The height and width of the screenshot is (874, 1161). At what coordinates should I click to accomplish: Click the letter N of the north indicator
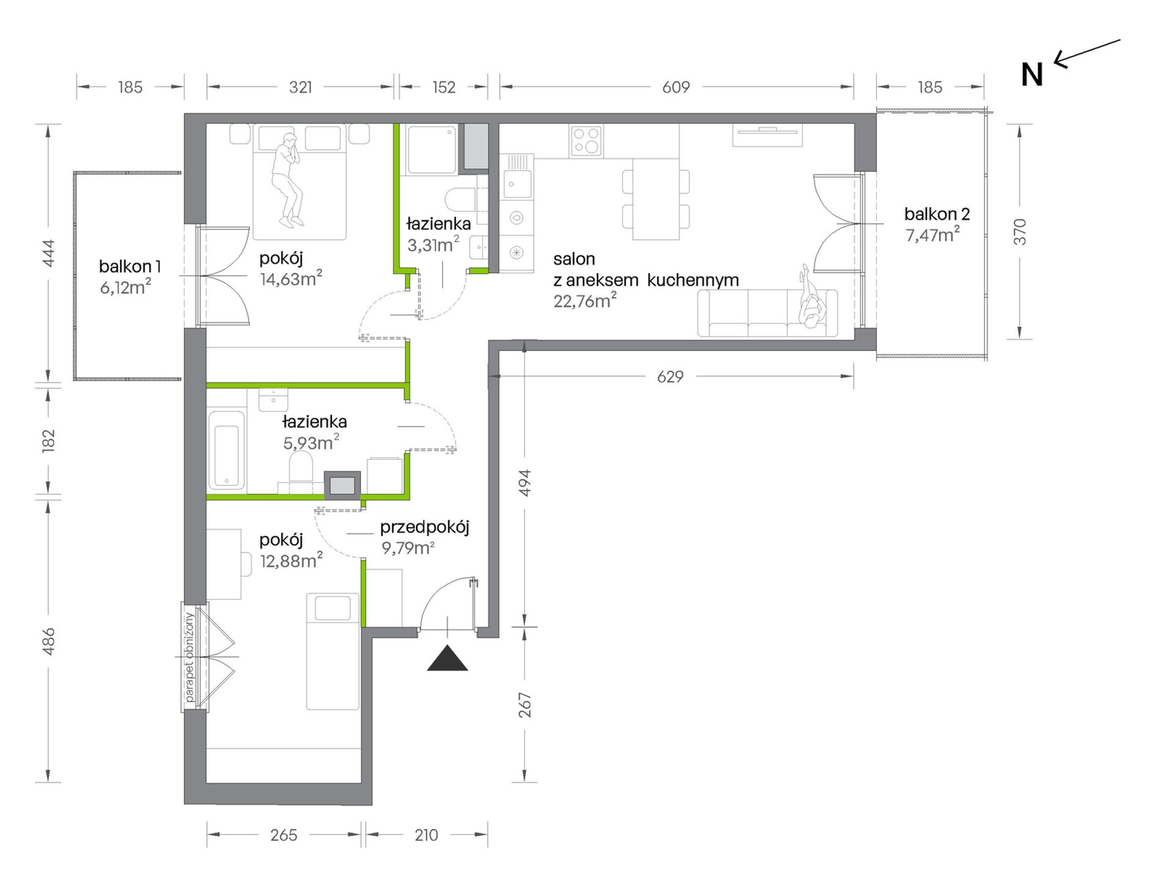[1032, 75]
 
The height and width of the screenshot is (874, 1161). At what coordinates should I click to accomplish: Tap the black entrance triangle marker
[447, 658]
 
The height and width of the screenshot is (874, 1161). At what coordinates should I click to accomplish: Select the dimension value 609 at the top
[676, 87]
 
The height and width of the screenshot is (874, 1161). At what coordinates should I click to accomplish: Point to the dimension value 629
[670, 377]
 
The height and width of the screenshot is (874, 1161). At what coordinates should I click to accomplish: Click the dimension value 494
[525, 483]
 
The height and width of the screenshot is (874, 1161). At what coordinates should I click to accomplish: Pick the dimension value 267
[525, 705]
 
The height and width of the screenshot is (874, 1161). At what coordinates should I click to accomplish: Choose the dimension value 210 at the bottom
[426, 835]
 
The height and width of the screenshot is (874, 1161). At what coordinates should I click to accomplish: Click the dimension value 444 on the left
[48, 253]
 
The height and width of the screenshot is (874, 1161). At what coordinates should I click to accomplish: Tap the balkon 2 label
[937, 214]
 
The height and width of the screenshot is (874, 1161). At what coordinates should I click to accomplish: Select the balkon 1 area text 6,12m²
[125, 287]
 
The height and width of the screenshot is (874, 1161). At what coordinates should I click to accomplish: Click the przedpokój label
[425, 527]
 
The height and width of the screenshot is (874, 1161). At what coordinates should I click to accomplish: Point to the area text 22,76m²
[585, 301]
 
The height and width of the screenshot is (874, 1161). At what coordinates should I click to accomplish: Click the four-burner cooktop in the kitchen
[586, 141]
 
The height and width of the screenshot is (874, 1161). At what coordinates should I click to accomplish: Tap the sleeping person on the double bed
[287, 180]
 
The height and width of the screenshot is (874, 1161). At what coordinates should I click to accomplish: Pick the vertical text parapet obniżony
[189, 657]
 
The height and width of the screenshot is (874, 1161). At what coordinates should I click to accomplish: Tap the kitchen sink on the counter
[517, 183]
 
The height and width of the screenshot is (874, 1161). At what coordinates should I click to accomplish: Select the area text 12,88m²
[291, 560]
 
